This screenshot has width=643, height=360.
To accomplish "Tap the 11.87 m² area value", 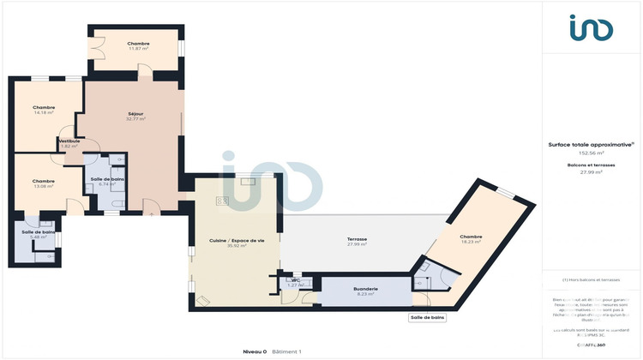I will (x=138, y=49).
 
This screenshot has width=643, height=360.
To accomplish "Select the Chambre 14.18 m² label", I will (x=44, y=107).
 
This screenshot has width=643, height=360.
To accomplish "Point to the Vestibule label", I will (x=69, y=141).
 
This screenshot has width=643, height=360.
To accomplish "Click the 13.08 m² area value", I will (x=44, y=186).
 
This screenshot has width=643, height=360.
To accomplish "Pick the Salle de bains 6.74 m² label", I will (x=107, y=179).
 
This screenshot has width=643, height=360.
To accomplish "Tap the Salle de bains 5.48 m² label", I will (x=39, y=232).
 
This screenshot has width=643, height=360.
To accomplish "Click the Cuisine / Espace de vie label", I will (x=237, y=240).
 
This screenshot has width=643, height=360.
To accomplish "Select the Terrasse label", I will (x=357, y=239).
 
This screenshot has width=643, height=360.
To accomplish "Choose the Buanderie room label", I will (x=366, y=289).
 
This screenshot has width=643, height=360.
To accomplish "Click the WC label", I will (x=295, y=279).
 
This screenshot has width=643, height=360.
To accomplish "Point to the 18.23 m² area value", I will (x=470, y=242).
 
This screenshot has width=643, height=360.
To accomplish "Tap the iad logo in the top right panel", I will (x=592, y=28).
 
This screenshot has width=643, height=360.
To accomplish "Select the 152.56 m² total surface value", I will (x=591, y=153).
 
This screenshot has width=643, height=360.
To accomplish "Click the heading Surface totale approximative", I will (x=591, y=145).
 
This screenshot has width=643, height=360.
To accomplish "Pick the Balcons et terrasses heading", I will (x=591, y=165).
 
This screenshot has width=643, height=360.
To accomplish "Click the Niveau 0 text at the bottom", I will (x=255, y=351).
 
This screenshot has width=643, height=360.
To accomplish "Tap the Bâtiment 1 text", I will (x=287, y=351).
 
